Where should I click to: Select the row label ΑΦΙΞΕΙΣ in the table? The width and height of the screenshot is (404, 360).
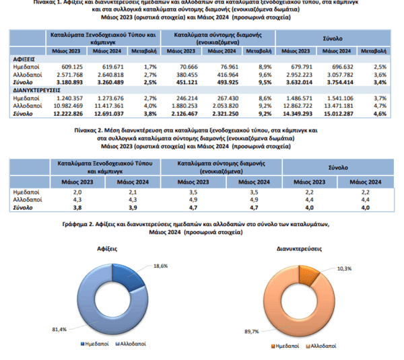point(26,59)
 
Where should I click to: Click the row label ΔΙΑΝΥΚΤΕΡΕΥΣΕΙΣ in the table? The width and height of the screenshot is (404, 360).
point(38,90)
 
